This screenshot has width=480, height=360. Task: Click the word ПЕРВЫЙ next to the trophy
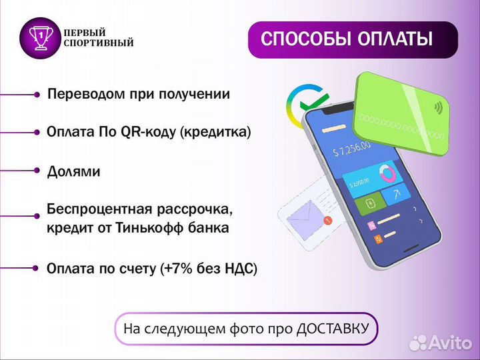click(x=85, y=32)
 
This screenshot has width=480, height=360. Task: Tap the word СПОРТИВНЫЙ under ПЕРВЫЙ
click(x=98, y=43)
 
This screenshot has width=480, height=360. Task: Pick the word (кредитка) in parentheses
click(x=216, y=133)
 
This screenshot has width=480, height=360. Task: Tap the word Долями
click(x=73, y=171)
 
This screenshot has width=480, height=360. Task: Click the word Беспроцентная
click(x=95, y=209)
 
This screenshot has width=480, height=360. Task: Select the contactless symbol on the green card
click(x=439, y=107)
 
